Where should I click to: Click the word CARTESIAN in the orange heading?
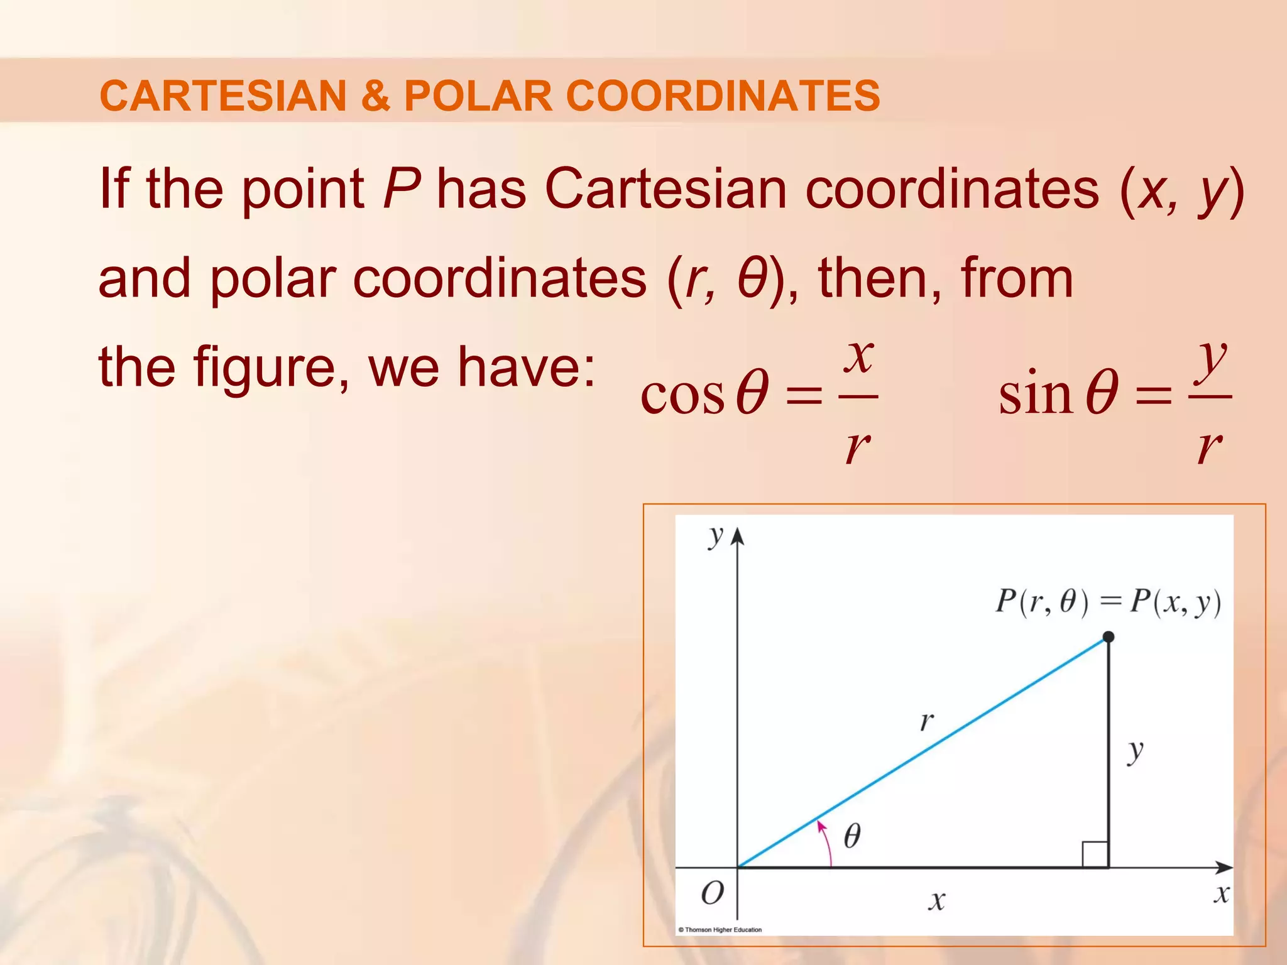coord(223,95)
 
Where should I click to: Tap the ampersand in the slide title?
coord(375,95)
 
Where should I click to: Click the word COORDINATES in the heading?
coord(723,95)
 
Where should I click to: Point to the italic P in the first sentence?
coord(400,188)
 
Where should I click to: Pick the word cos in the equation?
coord(682,396)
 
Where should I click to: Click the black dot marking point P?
coord(1109,637)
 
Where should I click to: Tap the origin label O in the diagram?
coord(712,893)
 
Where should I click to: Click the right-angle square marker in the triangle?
coord(1095,854)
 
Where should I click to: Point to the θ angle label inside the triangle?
coord(852,836)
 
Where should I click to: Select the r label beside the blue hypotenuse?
coord(926,721)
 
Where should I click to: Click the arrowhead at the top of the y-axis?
coord(738,536)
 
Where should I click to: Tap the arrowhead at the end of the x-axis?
coord(1224,868)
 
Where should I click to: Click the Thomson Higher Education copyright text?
coord(720,930)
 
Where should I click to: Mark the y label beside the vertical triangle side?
coord(1135,751)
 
